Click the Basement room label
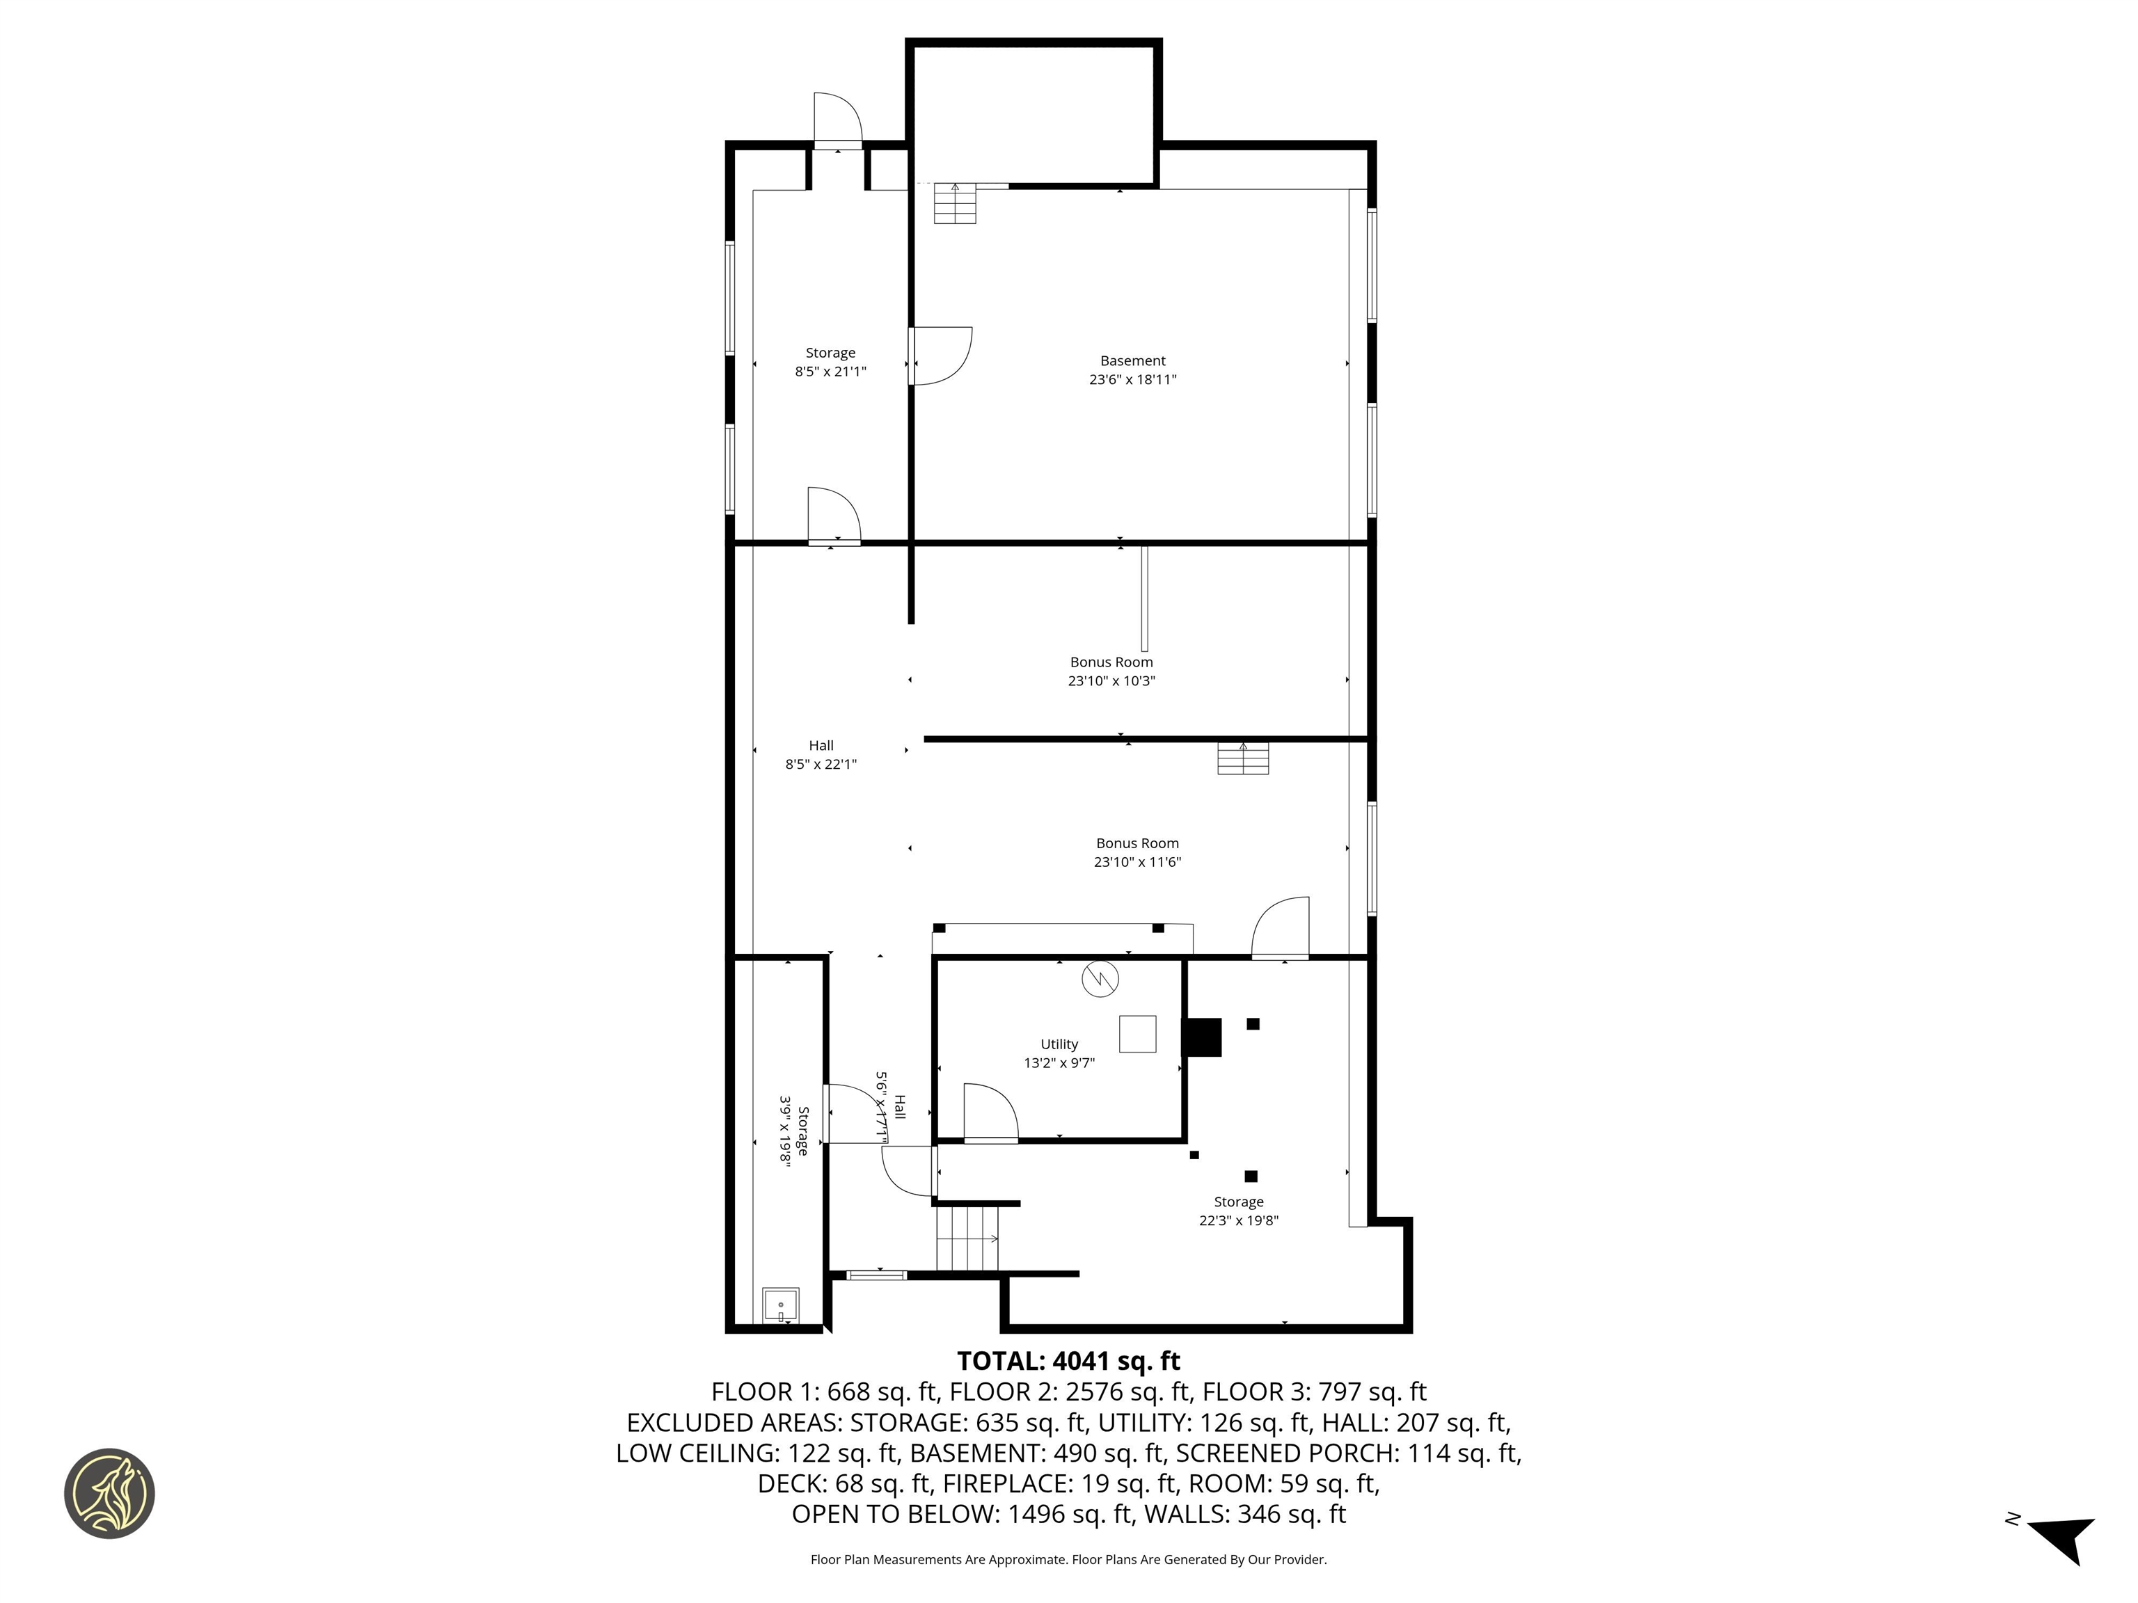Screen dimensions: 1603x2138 (x=1133, y=360)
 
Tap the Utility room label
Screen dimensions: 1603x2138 (x=1059, y=1044)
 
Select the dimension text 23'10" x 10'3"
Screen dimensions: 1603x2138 (x=1111, y=680)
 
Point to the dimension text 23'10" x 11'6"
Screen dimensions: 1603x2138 (x=1138, y=862)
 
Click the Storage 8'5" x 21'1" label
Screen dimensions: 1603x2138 (x=830, y=361)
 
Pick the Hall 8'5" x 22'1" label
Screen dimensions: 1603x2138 (x=821, y=753)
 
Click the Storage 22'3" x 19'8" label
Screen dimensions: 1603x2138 (x=1238, y=1211)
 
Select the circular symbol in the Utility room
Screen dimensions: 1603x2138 (x=1100, y=979)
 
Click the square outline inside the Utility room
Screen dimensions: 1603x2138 (x=1138, y=1034)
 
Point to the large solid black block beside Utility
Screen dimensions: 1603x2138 (x=1203, y=1037)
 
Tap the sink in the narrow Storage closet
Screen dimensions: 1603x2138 (x=780, y=1305)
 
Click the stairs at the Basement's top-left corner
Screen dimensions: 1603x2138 (x=955, y=203)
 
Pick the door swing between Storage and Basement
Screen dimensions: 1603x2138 (x=940, y=356)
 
